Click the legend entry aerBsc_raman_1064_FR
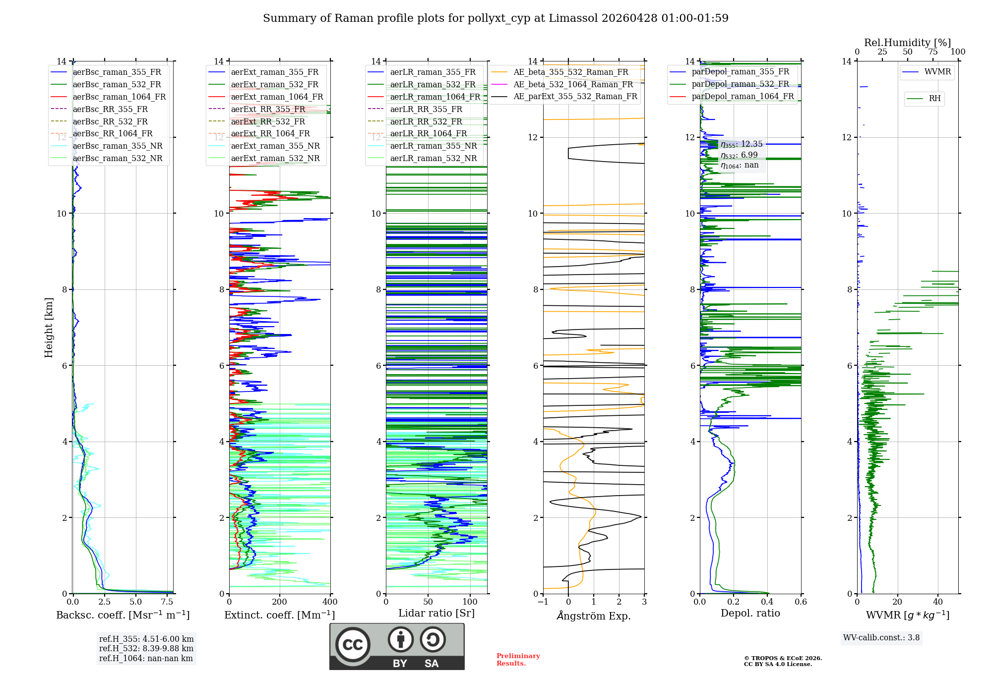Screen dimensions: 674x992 (x=119, y=97)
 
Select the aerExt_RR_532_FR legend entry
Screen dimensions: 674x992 (x=268, y=121)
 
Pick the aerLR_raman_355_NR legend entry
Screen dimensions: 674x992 (x=433, y=146)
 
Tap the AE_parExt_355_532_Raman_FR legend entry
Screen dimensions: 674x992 (x=575, y=97)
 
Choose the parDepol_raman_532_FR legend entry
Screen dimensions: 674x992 (x=740, y=84)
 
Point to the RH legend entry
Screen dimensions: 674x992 (x=934, y=99)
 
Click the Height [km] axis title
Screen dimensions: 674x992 (x=49, y=328)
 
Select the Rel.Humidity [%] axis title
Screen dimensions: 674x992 (x=907, y=43)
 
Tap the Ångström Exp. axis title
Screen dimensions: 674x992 (x=594, y=616)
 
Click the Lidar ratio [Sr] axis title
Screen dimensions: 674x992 (x=436, y=613)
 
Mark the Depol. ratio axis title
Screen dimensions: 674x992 (x=750, y=613)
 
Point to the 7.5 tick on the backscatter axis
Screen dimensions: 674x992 (x=167, y=602)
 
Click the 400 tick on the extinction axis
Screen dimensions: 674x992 (x=330, y=602)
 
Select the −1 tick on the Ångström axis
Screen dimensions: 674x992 (x=543, y=602)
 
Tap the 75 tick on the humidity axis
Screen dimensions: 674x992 (x=933, y=52)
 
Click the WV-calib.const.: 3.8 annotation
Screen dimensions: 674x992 (x=881, y=638)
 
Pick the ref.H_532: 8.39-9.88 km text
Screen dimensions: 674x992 (x=146, y=649)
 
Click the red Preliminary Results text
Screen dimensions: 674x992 (x=518, y=660)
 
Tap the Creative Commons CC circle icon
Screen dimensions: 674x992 (x=353, y=645)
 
